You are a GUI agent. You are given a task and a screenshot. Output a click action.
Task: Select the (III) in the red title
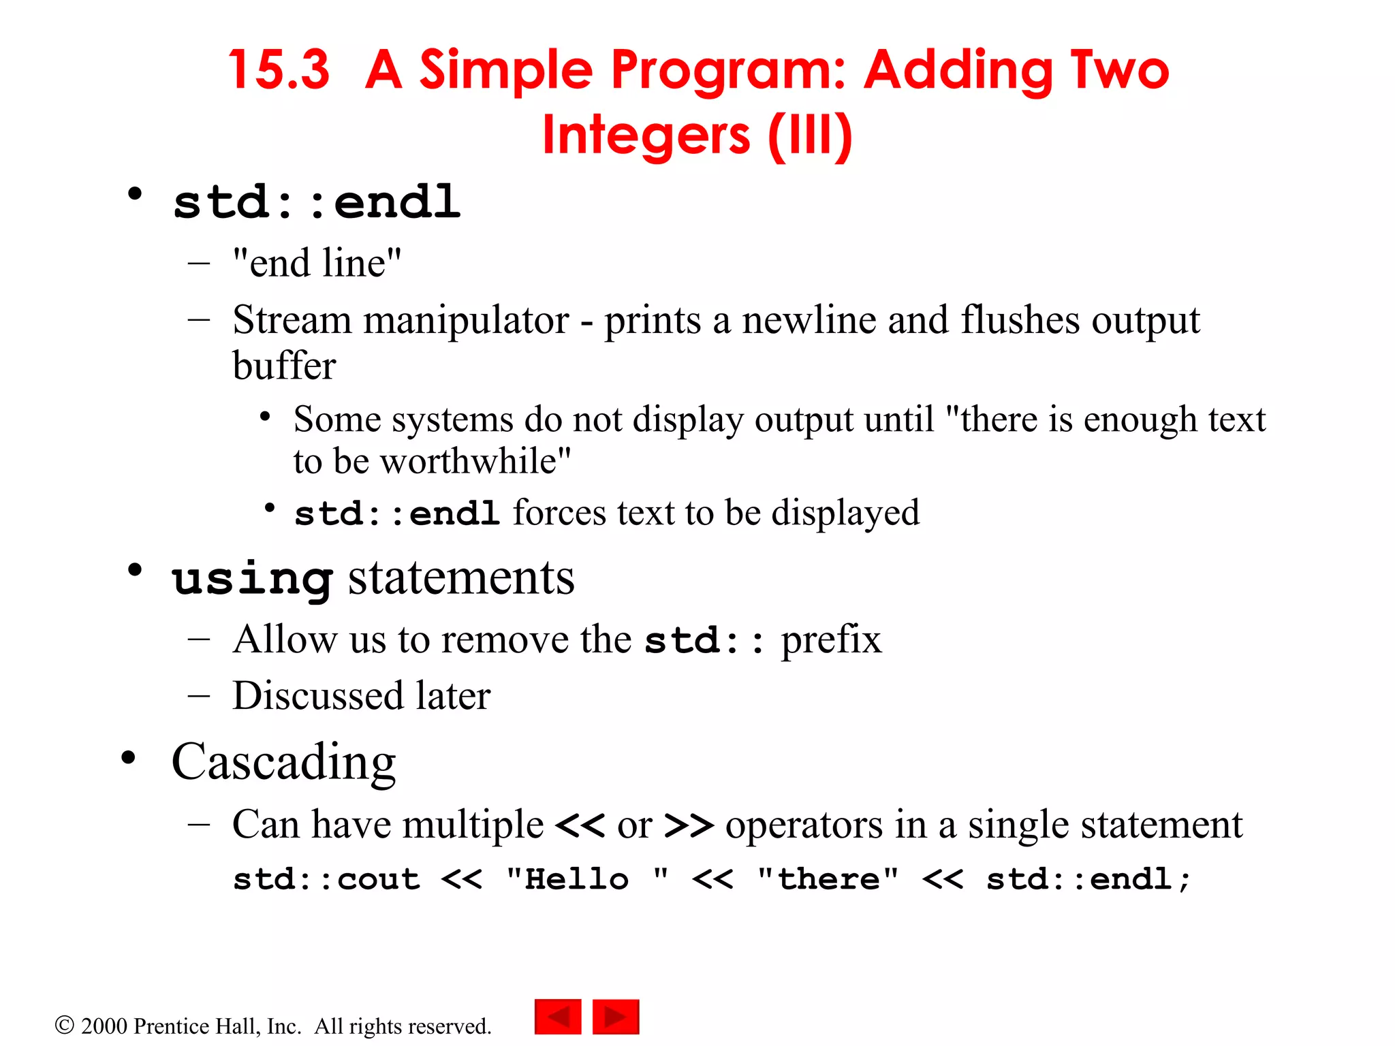click(810, 135)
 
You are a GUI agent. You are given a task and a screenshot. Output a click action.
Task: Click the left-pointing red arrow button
click(558, 1017)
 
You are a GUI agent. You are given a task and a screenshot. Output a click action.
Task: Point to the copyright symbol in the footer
click(64, 1026)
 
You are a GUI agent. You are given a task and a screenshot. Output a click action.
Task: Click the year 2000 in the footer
click(104, 1026)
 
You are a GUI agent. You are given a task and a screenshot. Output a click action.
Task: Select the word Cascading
click(283, 763)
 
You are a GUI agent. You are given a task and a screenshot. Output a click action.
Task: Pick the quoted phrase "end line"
click(317, 263)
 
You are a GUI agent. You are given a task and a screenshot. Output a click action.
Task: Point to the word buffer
click(284, 366)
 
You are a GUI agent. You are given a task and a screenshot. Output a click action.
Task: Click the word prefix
click(831, 640)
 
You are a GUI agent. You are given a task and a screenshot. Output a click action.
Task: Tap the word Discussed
click(317, 695)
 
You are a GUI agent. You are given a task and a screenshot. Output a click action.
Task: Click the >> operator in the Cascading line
click(689, 825)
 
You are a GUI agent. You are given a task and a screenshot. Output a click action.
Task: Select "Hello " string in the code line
click(588, 878)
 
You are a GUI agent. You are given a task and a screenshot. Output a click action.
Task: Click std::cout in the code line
click(326, 879)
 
